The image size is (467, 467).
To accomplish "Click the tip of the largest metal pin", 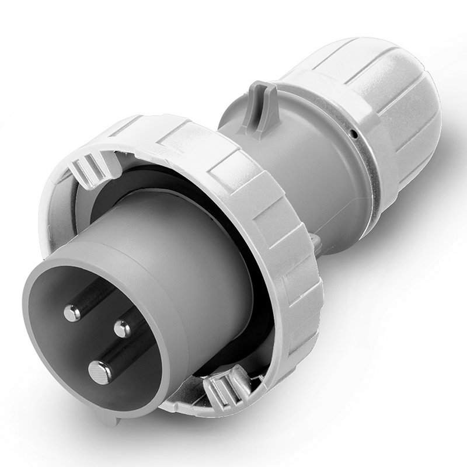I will click(x=100, y=370).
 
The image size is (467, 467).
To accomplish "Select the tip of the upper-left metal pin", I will click(x=72, y=313).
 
